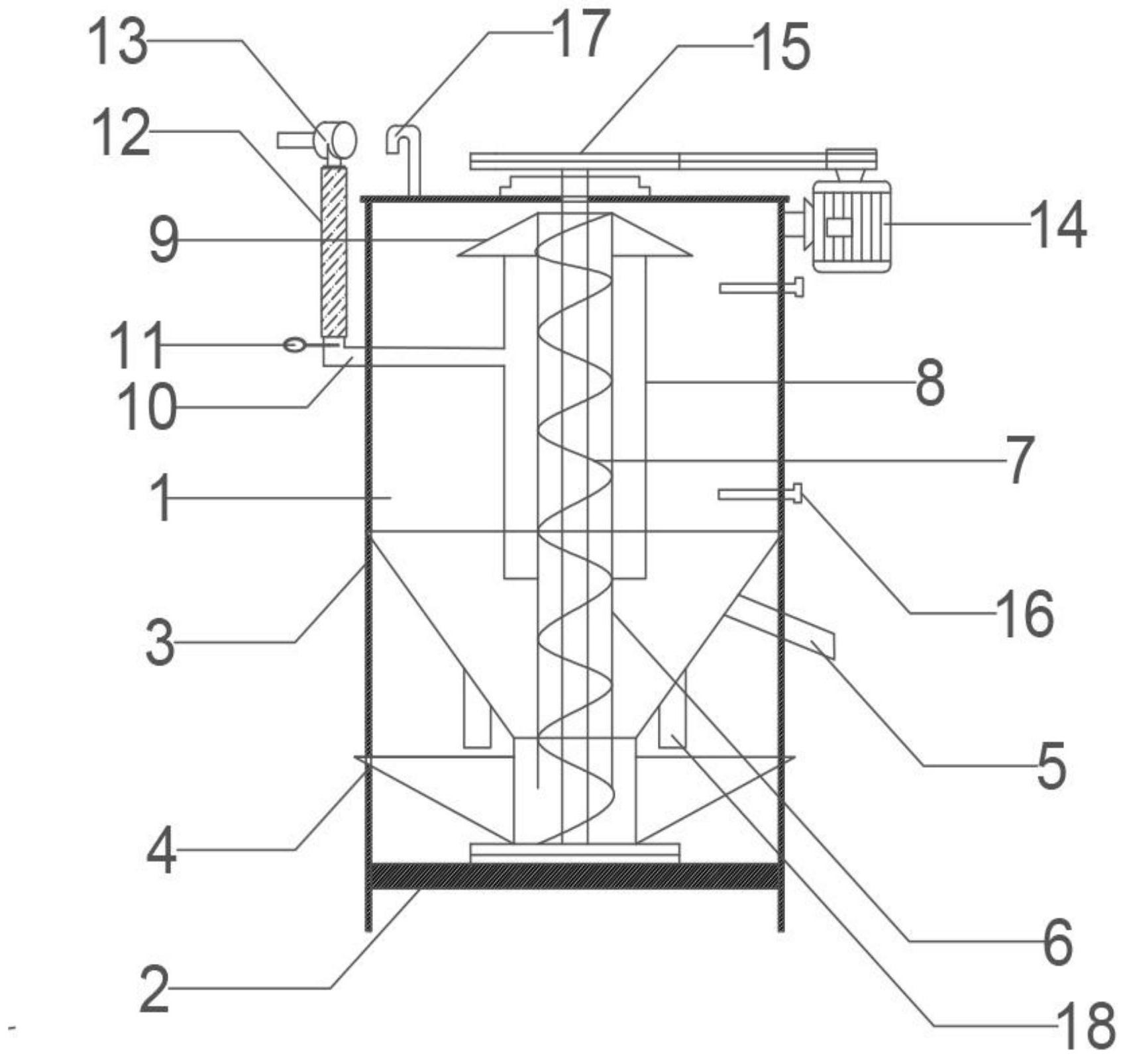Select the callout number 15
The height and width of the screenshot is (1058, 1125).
pos(782,47)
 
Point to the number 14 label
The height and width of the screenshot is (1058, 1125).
pos(1058,224)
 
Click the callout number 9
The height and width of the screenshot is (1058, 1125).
pos(164,241)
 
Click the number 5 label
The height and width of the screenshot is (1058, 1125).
pos(1051,766)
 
